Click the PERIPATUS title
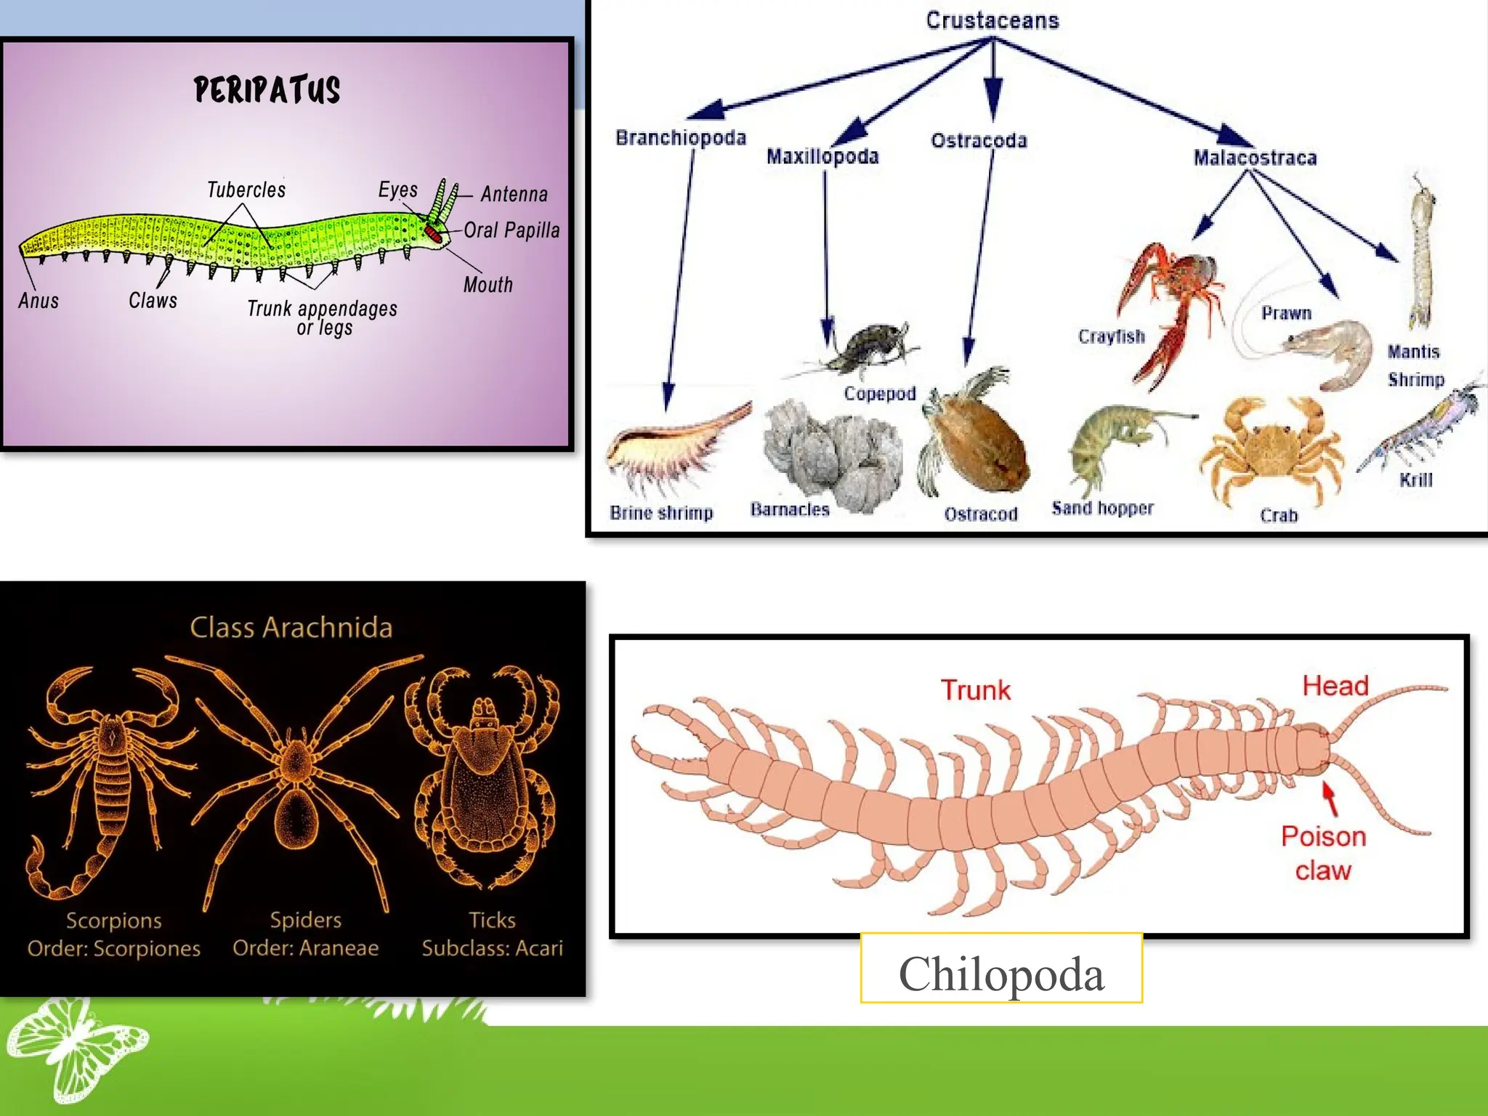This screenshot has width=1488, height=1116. pyautogui.click(x=267, y=90)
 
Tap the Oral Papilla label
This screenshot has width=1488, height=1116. pyautogui.click(x=511, y=230)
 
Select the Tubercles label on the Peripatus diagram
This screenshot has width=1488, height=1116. pyautogui.click(x=246, y=190)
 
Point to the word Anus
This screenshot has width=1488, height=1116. pyautogui.click(x=39, y=300)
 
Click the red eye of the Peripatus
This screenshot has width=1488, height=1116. pyautogui.click(x=433, y=233)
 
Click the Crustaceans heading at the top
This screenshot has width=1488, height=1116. pyautogui.click(x=992, y=20)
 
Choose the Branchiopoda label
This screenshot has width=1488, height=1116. pyautogui.click(x=680, y=137)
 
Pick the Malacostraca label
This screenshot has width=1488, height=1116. pyautogui.click(x=1255, y=158)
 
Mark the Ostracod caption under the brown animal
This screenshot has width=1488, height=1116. pyautogui.click(x=980, y=514)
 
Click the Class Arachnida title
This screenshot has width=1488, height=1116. pyautogui.click(x=291, y=627)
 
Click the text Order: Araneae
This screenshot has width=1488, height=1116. pyautogui.click(x=306, y=948)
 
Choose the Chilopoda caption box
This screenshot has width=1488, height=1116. pyautogui.click(x=1001, y=973)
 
